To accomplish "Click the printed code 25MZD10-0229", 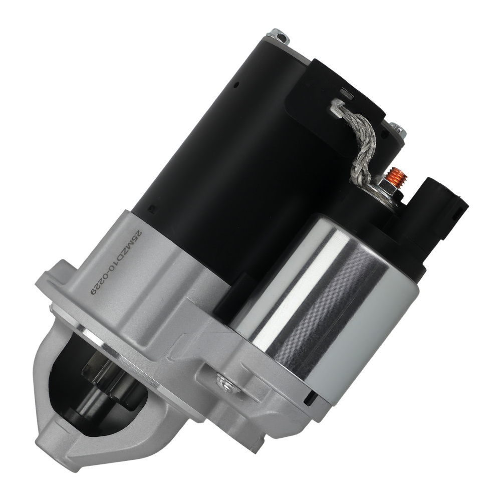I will [x=115, y=258].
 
